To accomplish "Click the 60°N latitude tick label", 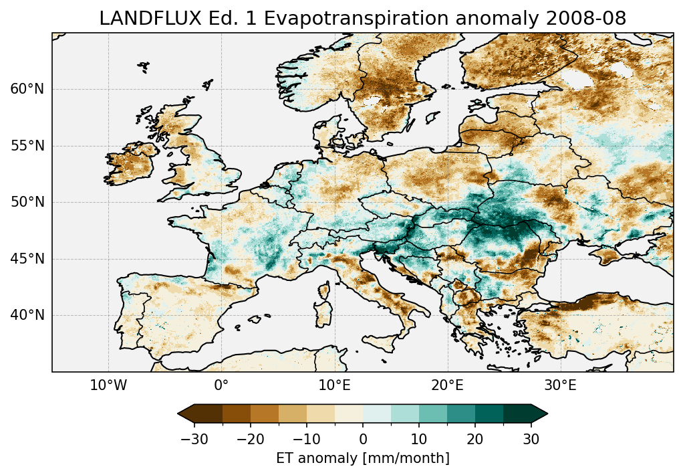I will click(27, 89).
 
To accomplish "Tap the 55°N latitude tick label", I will click(27, 146).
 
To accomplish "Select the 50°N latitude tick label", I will click(27, 202).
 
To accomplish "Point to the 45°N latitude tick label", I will click(27, 259).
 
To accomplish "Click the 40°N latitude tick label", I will click(27, 315).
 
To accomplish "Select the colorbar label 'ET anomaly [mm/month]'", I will click(363, 458).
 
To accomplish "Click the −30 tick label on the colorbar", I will click(194, 440).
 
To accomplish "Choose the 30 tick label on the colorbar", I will click(531, 440).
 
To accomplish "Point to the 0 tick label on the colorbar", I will click(363, 440).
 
